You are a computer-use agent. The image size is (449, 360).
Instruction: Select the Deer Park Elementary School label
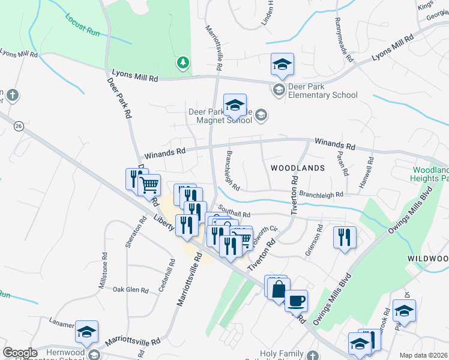click(x=322, y=91)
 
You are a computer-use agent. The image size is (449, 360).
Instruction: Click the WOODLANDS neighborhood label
click(x=297, y=168)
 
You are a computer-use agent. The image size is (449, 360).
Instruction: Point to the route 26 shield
click(x=19, y=126)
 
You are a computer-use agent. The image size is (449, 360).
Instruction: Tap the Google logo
click(x=20, y=353)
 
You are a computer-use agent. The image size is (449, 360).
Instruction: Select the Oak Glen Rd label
click(x=130, y=290)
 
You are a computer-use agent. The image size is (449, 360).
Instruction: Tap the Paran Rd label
click(x=343, y=162)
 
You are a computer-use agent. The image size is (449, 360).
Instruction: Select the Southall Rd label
click(x=234, y=211)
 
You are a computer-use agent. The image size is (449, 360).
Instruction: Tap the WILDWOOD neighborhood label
click(x=427, y=258)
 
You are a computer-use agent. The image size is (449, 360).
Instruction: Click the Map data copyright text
click(x=423, y=355)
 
